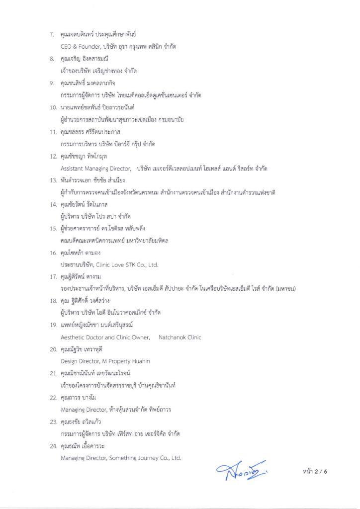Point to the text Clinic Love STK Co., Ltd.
pyautogui.click(x=130, y=265)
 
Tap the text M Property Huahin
pyautogui.click(x=124, y=361)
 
